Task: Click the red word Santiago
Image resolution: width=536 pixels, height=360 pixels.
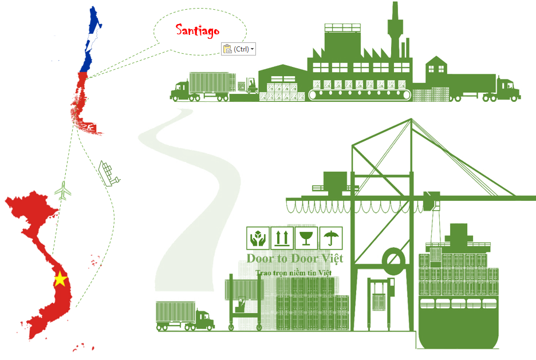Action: pos(197,31)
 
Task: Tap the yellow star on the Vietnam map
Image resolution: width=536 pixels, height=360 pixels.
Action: pos(61,279)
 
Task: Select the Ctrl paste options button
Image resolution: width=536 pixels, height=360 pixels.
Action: pos(238,49)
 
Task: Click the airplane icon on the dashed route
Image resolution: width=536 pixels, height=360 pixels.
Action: pos(63,191)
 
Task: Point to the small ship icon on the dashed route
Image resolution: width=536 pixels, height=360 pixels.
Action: pos(108,173)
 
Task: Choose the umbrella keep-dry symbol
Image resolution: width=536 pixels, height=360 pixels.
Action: pos(331,238)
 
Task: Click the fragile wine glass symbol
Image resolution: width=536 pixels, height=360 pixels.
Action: pos(306,238)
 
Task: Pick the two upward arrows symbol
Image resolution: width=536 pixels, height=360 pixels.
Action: pos(282,238)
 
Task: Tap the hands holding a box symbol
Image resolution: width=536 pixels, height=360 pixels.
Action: pos(258,238)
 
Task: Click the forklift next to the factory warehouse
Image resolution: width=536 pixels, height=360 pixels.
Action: pos(251,86)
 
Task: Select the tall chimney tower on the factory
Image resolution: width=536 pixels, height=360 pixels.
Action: pos(395,30)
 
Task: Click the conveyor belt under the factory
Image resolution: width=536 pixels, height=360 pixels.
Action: pos(360,94)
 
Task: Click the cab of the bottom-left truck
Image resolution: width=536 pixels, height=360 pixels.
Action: pos(205,319)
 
